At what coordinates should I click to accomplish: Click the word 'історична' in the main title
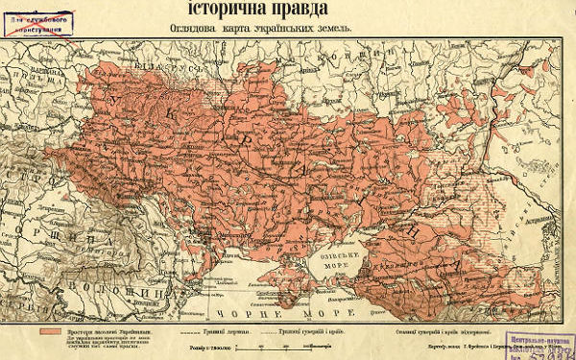click(x=212, y=11)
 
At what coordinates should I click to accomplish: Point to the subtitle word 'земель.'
click(x=332, y=29)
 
